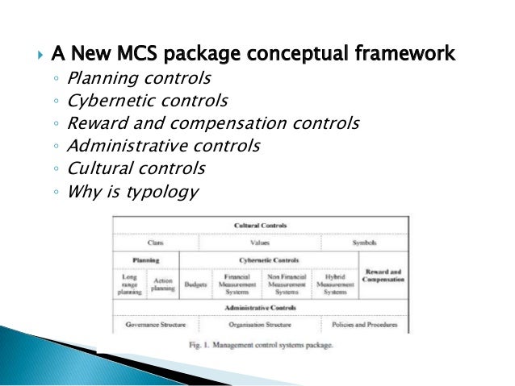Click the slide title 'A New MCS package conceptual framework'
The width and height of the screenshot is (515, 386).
253,55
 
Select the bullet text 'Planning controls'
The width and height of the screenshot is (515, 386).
139,79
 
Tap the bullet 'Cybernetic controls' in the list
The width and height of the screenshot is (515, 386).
147,102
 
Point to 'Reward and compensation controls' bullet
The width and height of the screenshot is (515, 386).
213,123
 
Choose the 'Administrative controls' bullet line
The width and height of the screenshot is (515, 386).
163,146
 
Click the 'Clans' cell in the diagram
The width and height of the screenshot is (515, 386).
156,242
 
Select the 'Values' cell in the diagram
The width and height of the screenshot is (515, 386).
259,242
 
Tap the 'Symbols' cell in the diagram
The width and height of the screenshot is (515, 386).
364,242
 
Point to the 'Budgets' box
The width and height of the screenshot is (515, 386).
195,284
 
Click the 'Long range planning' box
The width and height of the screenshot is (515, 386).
129,284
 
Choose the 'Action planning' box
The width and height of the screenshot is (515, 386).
162,284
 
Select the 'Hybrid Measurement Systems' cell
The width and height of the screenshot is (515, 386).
334,284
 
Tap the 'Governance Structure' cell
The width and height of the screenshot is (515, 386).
156,325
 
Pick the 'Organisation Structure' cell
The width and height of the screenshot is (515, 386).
259,325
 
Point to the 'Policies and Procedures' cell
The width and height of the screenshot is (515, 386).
364,325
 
